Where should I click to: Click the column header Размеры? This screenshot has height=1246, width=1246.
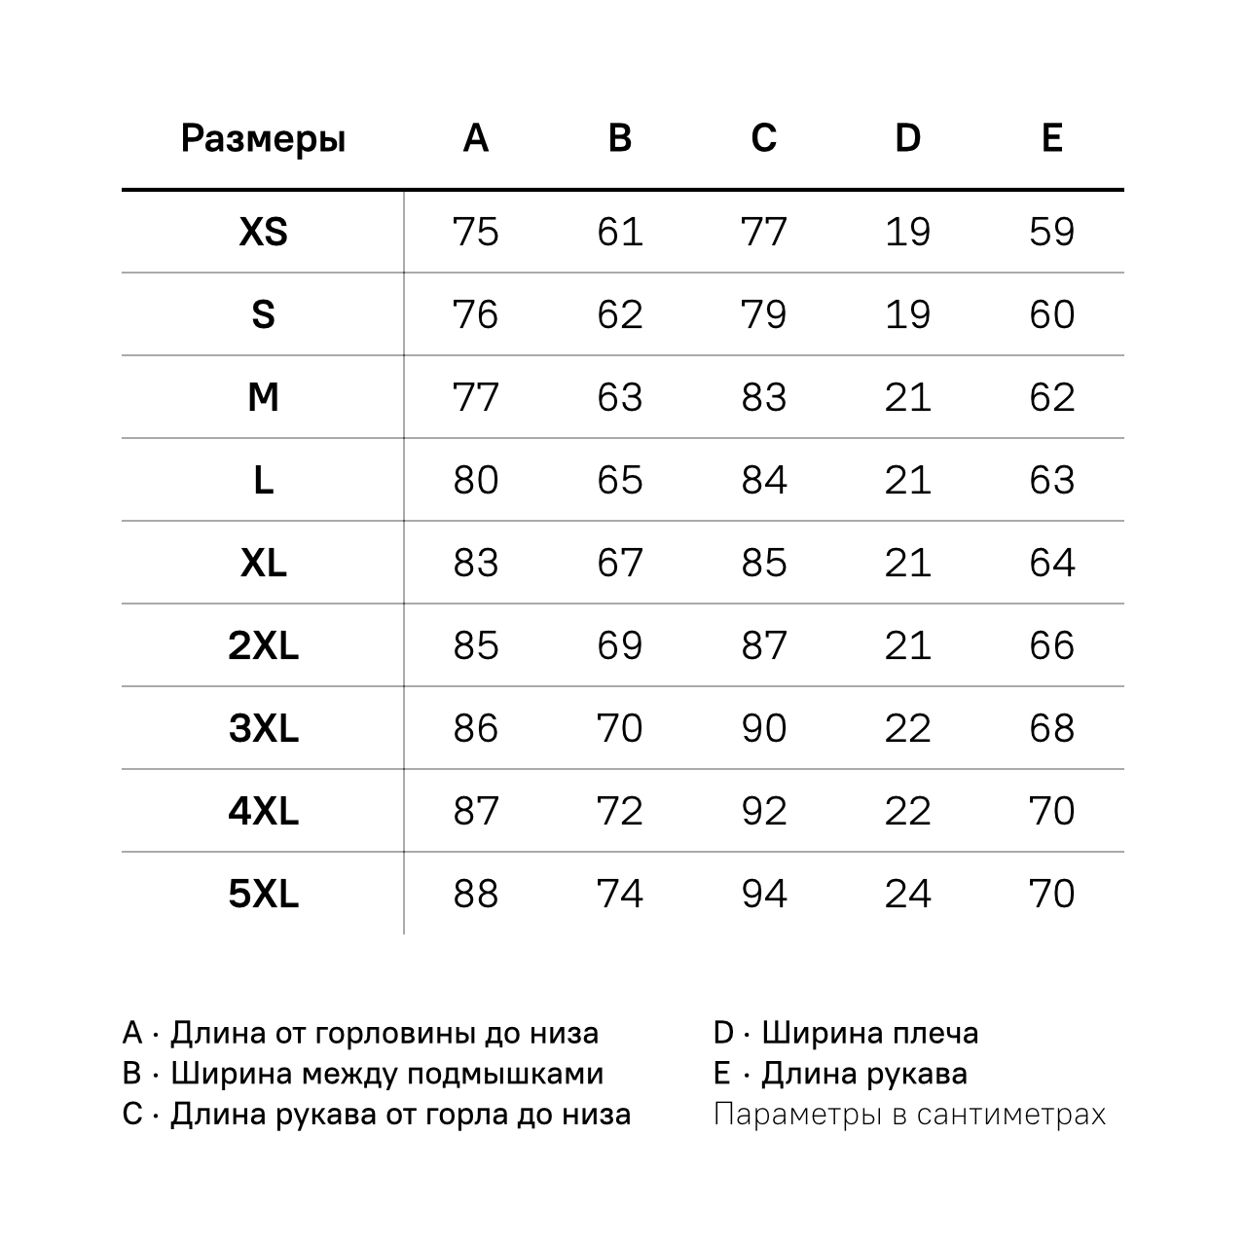coord(263,139)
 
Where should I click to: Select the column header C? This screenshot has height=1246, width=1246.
coord(764,138)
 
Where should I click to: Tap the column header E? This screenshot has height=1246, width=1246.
coord(1051,138)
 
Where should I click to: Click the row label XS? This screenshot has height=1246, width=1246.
coord(263,232)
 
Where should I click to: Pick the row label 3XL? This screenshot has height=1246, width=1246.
coord(263,728)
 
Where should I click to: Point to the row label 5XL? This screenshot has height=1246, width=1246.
coord(263,894)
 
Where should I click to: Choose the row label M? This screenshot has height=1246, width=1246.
coord(263,397)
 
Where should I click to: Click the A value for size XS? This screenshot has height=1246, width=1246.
coord(476,232)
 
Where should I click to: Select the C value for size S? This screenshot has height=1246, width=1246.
coord(764,314)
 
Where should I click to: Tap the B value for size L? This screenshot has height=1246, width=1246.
coord(620,480)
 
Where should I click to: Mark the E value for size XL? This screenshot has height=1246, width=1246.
coord(1051,563)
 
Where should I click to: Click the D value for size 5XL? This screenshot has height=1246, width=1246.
coord(907,894)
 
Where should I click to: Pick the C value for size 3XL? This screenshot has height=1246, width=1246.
coord(764,728)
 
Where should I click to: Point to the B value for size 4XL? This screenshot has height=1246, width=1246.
coord(620,811)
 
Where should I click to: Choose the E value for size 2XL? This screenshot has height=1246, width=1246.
coord(1051,645)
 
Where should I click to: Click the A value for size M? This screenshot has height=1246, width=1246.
coord(476,397)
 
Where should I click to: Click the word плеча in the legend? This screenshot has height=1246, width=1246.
coord(934,1033)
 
